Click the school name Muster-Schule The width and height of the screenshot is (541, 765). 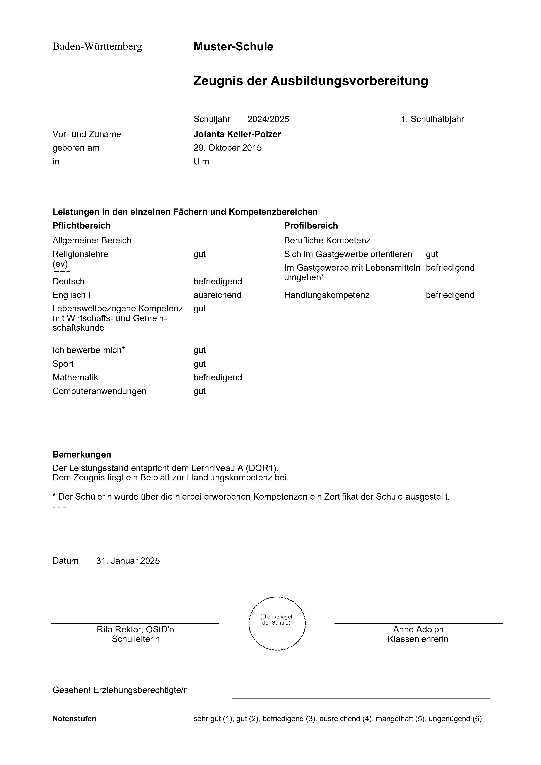click(x=233, y=47)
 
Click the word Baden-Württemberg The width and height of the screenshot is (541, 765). click(x=97, y=47)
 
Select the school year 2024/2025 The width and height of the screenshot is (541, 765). click(x=268, y=119)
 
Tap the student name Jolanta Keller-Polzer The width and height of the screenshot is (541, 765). click(x=237, y=134)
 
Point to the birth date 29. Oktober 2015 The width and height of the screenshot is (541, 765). click(x=227, y=148)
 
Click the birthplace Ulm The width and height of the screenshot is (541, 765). click(x=201, y=162)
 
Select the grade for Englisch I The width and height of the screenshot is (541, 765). click(x=218, y=295)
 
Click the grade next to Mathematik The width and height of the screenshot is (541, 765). click(x=218, y=377)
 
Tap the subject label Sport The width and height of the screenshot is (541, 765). click(x=63, y=364)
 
